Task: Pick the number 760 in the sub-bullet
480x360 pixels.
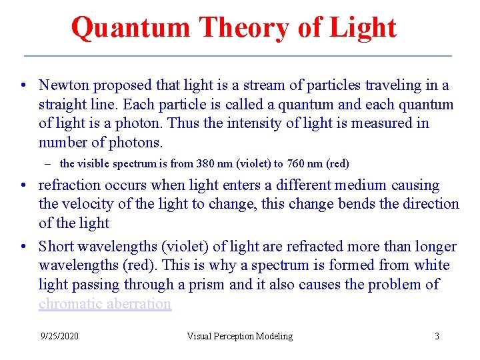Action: pyautogui.click(x=297, y=163)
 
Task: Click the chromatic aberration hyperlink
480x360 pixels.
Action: pyautogui.click(x=105, y=304)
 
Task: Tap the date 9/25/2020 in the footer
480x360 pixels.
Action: pyautogui.click(x=59, y=336)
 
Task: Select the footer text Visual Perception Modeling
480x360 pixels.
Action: pyautogui.click(x=239, y=336)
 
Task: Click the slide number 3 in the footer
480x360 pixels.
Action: pyautogui.click(x=437, y=336)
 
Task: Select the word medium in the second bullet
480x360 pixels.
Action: pyautogui.click(x=371, y=185)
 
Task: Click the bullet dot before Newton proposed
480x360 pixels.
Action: pyautogui.click(x=23, y=86)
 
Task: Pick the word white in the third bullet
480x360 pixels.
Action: pyautogui.click(x=431, y=265)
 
